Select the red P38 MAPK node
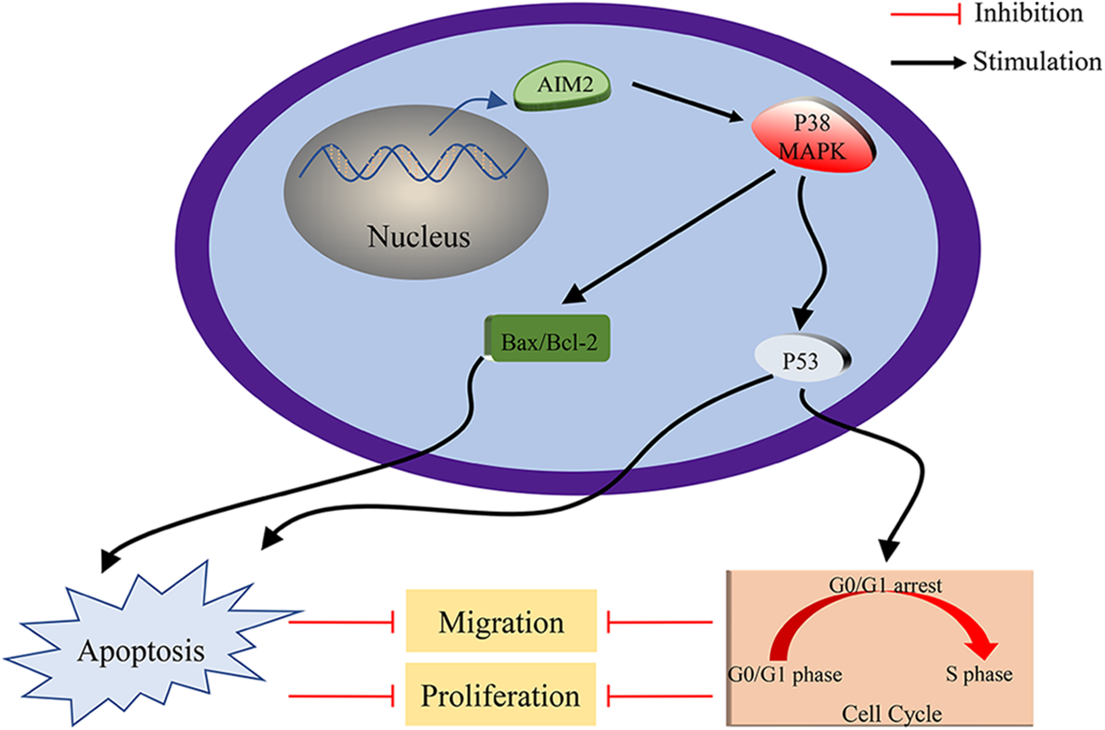pyautogui.click(x=813, y=135)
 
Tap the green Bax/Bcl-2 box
pyautogui.click(x=547, y=338)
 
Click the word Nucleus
pyautogui.click(x=419, y=237)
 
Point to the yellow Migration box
pyautogui.click(x=501, y=620)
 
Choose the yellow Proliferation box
pyautogui.click(x=500, y=695)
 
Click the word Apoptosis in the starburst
pyautogui.click(x=141, y=651)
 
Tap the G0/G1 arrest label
pyautogui.click(x=885, y=585)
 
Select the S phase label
pyautogui.click(x=979, y=673)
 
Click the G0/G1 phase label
pyautogui.click(x=785, y=674)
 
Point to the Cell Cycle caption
pyautogui.click(x=892, y=713)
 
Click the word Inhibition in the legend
pyautogui.click(x=1029, y=13)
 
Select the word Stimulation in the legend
pyautogui.click(x=1038, y=62)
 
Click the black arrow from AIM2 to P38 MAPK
pyautogui.click(x=688, y=102)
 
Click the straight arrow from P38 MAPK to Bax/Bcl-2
pyautogui.click(x=668, y=237)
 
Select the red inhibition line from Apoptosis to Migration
pyautogui.click(x=341, y=622)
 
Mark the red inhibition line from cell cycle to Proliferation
pyautogui.click(x=659, y=696)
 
